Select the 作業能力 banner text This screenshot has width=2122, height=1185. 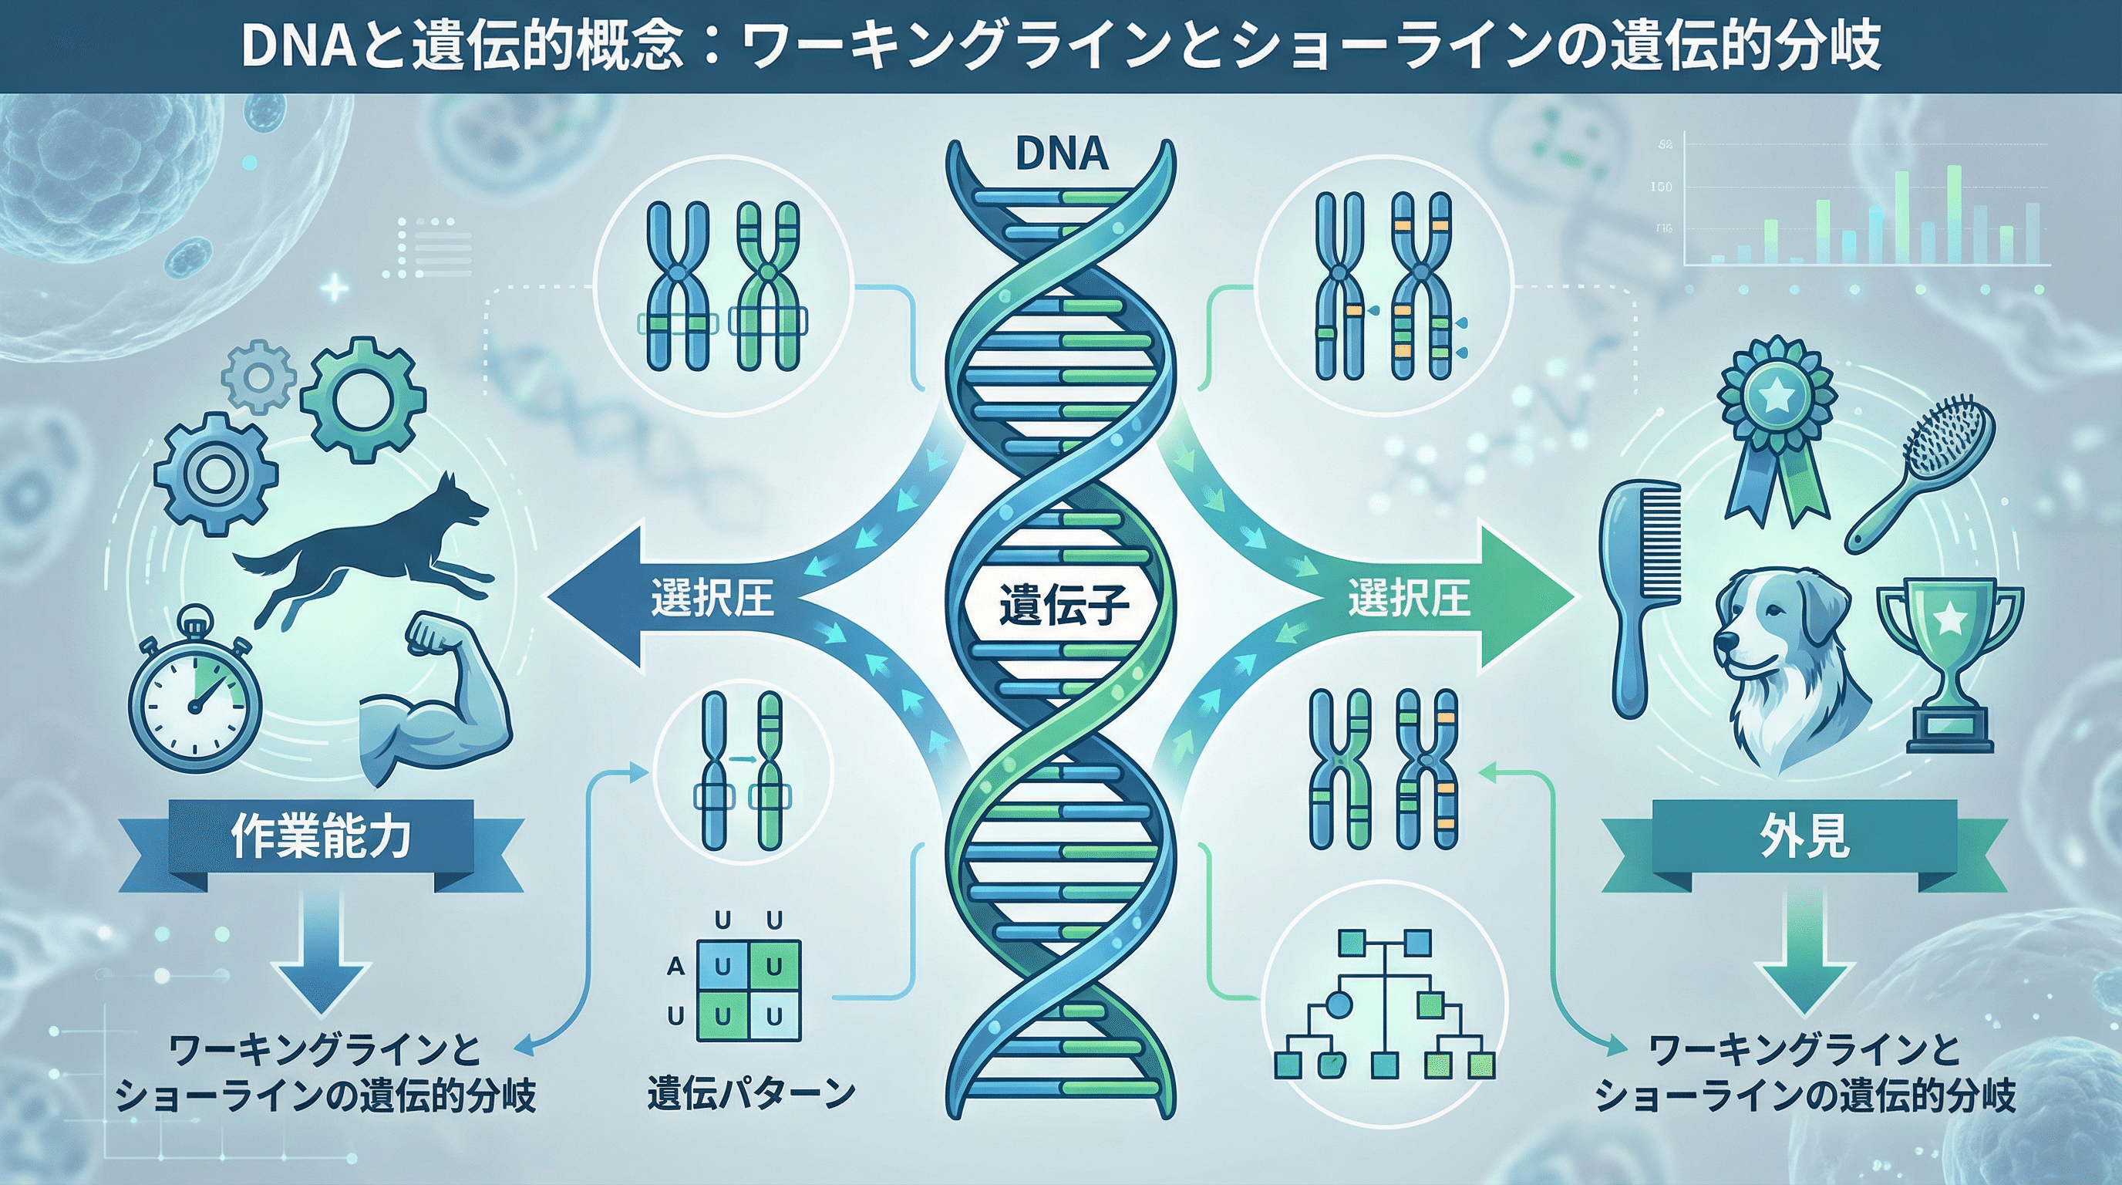click(322, 839)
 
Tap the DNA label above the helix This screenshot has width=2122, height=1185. click(1062, 155)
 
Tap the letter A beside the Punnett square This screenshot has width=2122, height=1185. click(675, 966)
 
